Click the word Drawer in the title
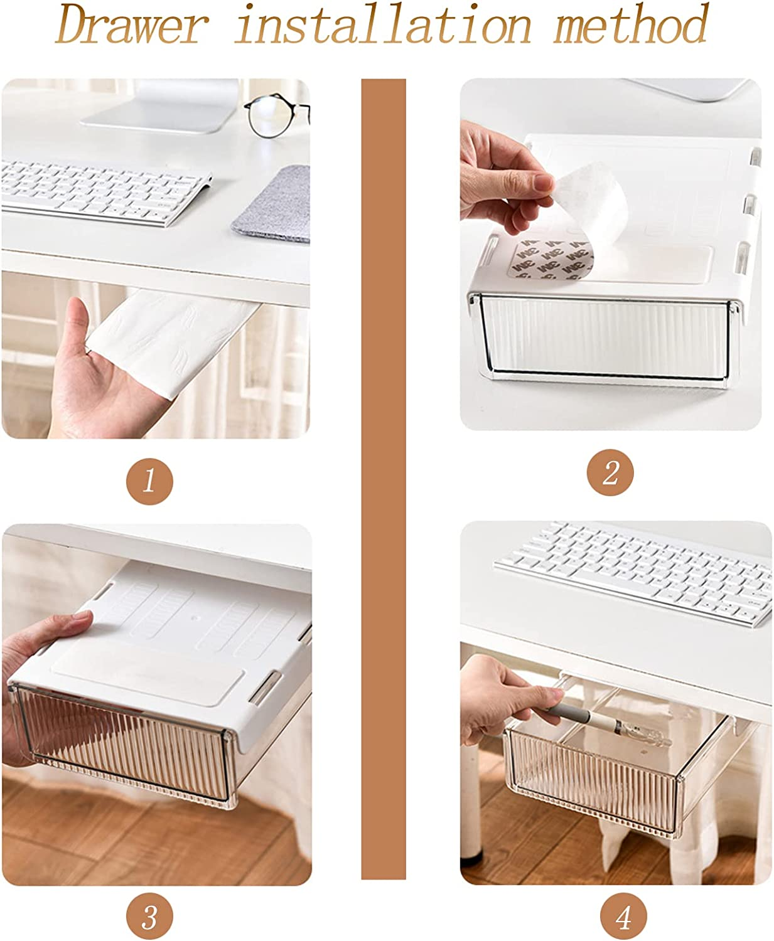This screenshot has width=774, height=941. coord(132,26)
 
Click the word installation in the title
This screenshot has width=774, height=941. coord(383,26)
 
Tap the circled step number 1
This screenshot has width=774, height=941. coord(149,482)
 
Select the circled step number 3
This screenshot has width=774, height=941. coord(149,918)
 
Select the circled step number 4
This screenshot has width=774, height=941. coord(623,918)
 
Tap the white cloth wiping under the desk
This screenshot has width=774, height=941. coord(169,339)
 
